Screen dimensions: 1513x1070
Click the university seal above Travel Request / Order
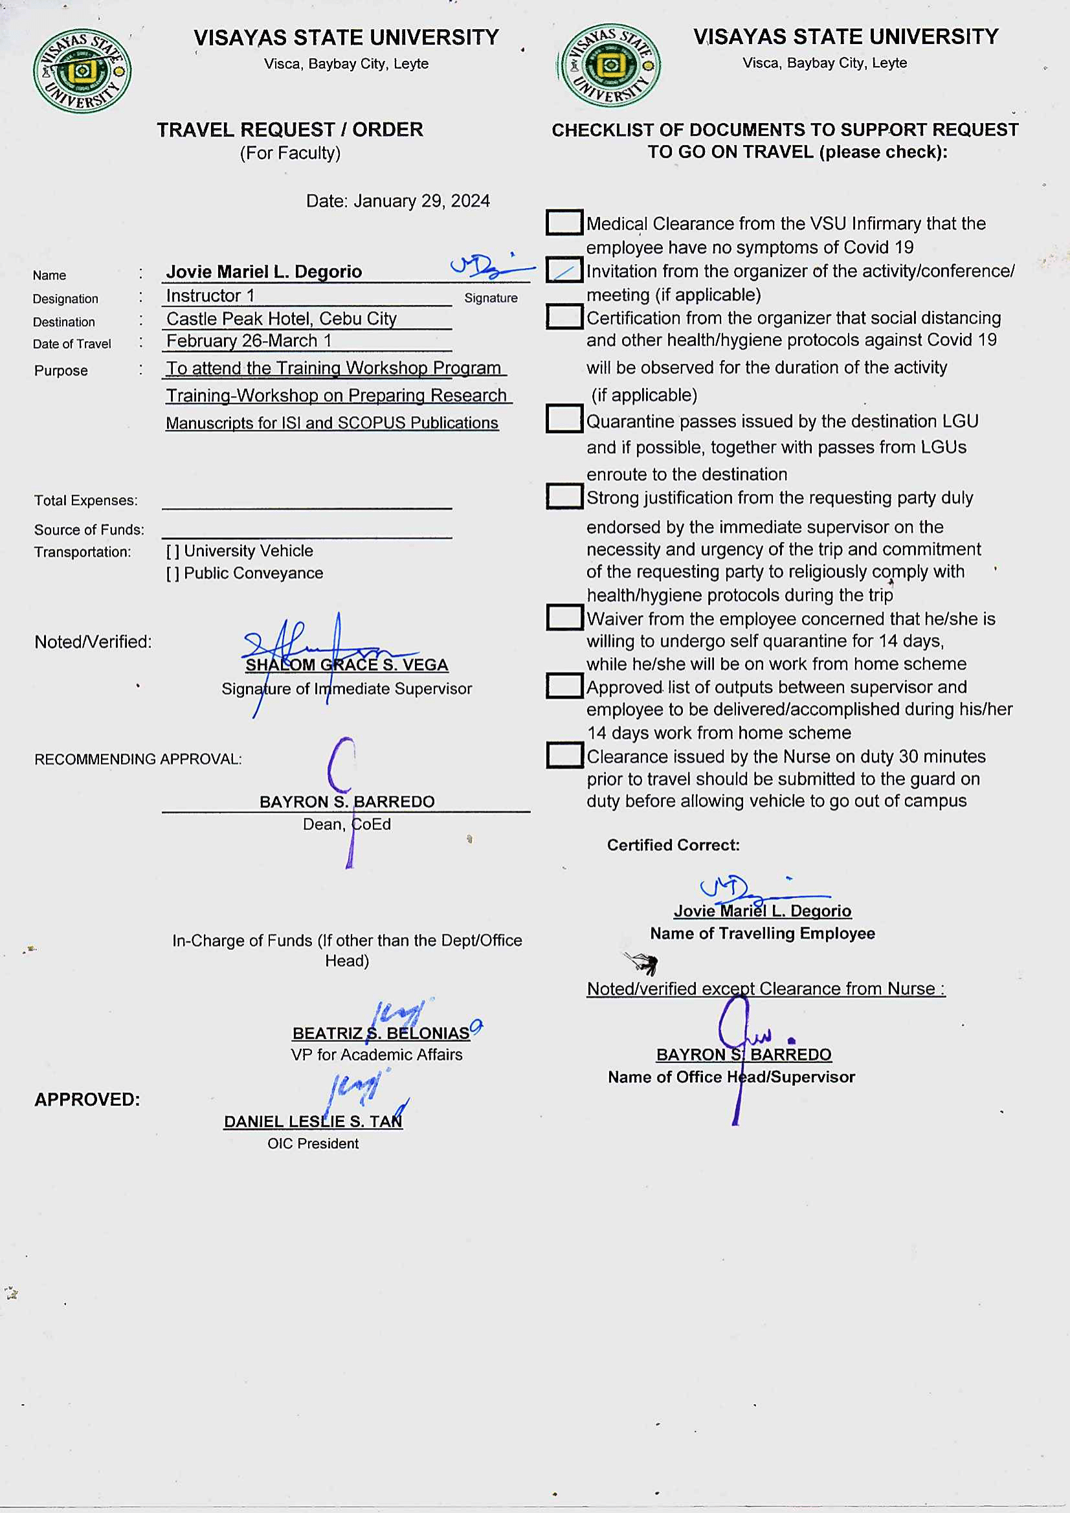point(82,71)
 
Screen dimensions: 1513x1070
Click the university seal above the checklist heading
point(610,65)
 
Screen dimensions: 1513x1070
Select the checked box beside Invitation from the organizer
point(564,270)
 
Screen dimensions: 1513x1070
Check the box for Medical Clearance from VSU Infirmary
point(564,223)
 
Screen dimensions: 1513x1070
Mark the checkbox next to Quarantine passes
point(564,418)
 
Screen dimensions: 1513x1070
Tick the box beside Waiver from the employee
point(564,618)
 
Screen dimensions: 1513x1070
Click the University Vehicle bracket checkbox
point(173,552)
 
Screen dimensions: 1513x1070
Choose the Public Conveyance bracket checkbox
point(173,574)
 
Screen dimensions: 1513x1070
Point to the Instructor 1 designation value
point(210,296)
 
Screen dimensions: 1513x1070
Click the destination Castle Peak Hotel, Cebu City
point(282,319)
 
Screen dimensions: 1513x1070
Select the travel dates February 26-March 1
point(249,341)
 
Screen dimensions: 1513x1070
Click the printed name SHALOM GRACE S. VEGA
point(346,666)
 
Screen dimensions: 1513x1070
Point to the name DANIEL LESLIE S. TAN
point(313,1121)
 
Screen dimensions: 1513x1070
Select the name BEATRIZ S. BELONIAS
point(381,1033)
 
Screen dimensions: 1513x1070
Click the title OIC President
point(313,1144)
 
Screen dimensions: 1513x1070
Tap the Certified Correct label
point(673,846)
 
